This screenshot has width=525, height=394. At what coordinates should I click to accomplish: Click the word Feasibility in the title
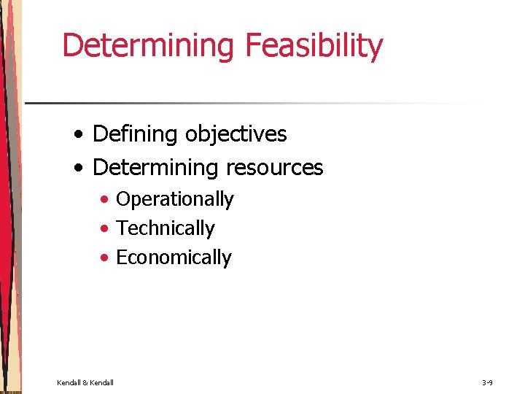pos(314,46)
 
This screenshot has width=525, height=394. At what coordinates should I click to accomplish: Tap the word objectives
pos(236,134)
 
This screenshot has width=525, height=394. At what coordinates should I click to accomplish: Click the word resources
pos(275,168)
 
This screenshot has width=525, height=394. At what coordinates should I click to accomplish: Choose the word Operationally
pos(175,199)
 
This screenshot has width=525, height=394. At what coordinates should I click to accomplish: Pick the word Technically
pos(166,228)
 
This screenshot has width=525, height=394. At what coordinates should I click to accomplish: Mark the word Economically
pos(174,258)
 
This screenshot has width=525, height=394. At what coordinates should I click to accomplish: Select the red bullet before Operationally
pos(106,200)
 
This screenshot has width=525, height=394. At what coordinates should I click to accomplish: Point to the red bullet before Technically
pos(106,229)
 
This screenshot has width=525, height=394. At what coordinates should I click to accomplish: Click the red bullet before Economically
pos(106,258)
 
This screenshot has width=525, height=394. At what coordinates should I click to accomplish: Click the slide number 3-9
pos(487,382)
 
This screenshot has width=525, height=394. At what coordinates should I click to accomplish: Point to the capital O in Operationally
pos(124,199)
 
